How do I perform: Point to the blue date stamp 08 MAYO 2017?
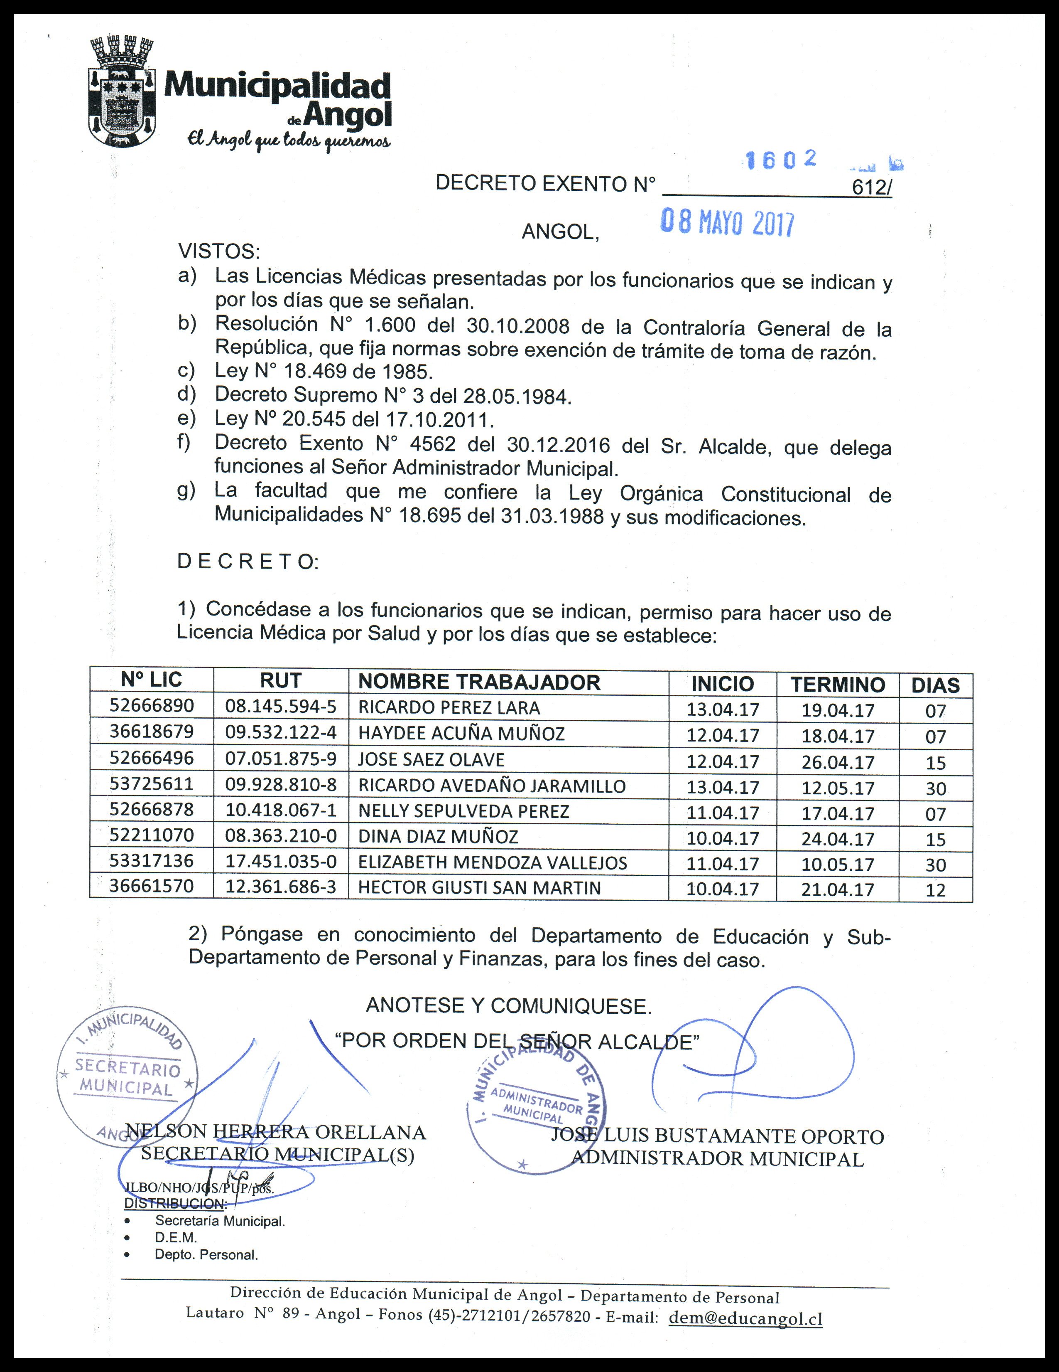pos(728,223)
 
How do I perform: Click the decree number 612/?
pos(871,188)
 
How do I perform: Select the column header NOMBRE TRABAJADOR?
pos(479,682)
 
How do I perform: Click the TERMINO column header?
pos(837,684)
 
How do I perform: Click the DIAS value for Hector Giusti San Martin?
pos(935,889)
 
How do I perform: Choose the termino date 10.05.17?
pos(837,865)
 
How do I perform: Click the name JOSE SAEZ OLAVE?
pos(431,759)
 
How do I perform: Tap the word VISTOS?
pos(218,251)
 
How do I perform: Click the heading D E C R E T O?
pos(248,561)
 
